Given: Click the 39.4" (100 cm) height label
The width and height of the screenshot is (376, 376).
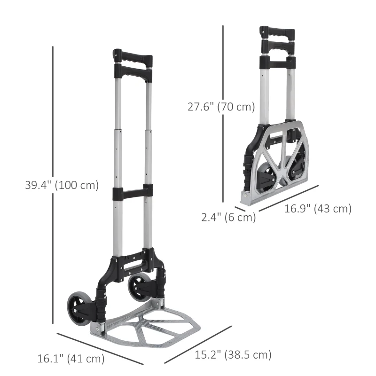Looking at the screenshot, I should click(62, 185).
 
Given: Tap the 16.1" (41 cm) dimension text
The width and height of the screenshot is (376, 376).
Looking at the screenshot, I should click(70, 359).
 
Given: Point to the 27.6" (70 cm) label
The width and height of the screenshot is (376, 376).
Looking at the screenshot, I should click(221, 107).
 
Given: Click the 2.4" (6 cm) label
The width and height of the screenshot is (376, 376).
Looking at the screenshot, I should click(228, 217).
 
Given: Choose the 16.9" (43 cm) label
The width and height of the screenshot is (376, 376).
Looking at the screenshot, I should click(318, 209).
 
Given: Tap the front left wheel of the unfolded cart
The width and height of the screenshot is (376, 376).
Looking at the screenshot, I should click(76, 308).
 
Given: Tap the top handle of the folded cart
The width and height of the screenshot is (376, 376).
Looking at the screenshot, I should click(277, 33).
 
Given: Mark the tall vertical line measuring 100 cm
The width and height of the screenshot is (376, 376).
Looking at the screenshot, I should click(54, 183).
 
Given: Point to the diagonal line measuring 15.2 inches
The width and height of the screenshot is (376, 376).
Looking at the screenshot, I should click(198, 344).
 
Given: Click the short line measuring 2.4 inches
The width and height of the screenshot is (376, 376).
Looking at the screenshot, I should click(241, 209).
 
